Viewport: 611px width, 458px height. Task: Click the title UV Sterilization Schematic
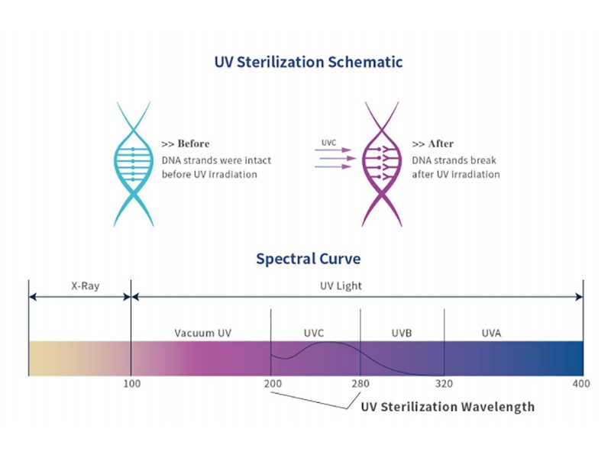pyautogui.click(x=308, y=62)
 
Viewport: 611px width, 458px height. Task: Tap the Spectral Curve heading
pyautogui.click(x=308, y=259)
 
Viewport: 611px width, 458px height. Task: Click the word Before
pyautogui.click(x=194, y=144)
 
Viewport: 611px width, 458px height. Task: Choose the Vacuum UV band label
pyautogui.click(x=202, y=333)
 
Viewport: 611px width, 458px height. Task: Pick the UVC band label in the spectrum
pyautogui.click(x=315, y=333)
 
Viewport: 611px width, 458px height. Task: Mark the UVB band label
pyautogui.click(x=402, y=333)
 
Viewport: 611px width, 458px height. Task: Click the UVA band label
pyautogui.click(x=493, y=333)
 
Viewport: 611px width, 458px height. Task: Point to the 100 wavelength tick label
pyautogui.click(x=131, y=383)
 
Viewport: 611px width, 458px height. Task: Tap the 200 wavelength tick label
pyautogui.click(x=270, y=383)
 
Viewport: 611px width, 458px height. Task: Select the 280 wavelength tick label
pyautogui.click(x=360, y=383)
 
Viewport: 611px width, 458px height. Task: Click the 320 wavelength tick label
pyautogui.click(x=444, y=383)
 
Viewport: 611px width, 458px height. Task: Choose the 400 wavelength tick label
pyautogui.click(x=583, y=383)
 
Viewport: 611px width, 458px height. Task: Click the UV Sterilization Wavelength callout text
pyautogui.click(x=447, y=407)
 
